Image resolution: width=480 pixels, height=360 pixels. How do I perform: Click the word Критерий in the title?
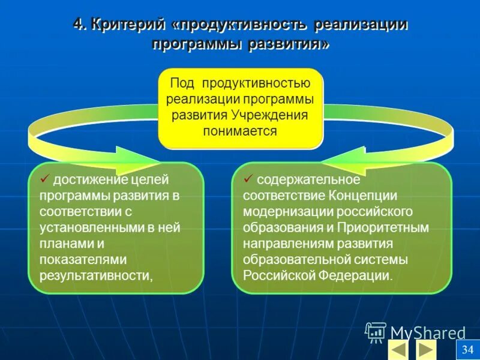coord(126,25)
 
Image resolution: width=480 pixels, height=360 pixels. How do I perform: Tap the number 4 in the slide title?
coord(77,25)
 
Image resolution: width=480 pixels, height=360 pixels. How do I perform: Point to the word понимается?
coord(240,130)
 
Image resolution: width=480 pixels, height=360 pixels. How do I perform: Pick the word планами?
coord(64,244)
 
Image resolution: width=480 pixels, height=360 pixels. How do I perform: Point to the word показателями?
coord(75,259)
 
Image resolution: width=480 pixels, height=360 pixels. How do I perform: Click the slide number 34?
coord(468,350)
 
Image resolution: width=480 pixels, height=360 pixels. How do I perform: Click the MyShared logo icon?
coord(376,332)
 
